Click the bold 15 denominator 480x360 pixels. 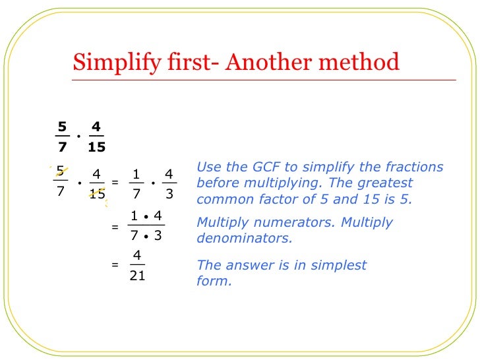pos(96,147)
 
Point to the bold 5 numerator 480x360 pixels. pos(62,126)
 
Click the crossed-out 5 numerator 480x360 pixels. pos(61,173)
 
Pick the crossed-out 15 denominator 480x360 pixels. pos(97,195)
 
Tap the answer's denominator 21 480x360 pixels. pos(137,276)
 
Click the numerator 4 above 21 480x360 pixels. pos(136,256)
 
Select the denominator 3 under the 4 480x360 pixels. pos(169,195)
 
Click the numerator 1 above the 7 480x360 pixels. pos(136,174)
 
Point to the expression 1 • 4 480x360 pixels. pos(146,216)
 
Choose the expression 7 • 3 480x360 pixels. pos(146,235)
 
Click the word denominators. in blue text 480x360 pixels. pos(245,238)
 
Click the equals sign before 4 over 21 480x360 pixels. pos(115,266)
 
